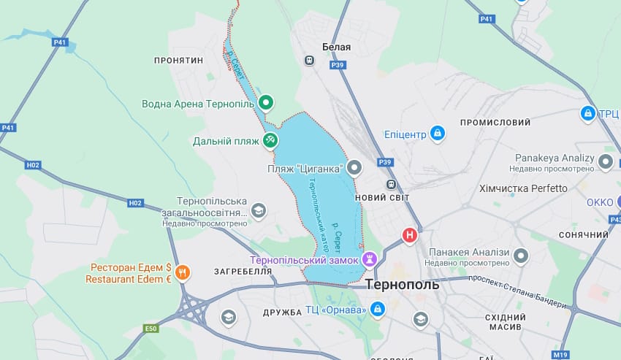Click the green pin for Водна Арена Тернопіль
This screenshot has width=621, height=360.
click(267, 103)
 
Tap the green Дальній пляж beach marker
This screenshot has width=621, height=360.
click(270, 139)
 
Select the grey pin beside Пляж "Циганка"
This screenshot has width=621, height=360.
click(354, 168)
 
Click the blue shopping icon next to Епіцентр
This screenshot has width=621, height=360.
click(437, 134)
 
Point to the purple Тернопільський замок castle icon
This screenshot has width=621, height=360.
click(370, 259)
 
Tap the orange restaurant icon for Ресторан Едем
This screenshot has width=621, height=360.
click(182, 272)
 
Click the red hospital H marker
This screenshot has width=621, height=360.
click(410, 235)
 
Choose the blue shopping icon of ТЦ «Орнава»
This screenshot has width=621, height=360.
click(377, 310)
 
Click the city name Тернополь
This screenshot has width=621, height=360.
click(402, 285)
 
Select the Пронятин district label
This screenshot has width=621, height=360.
click(178, 60)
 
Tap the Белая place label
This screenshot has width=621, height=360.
click(337, 47)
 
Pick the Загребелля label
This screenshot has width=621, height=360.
click(243, 271)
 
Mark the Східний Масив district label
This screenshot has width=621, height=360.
click(506, 322)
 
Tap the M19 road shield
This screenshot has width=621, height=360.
click(560, 355)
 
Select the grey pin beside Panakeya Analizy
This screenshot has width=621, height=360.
click(605, 162)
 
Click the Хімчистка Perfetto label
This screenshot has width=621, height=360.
click(523, 188)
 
